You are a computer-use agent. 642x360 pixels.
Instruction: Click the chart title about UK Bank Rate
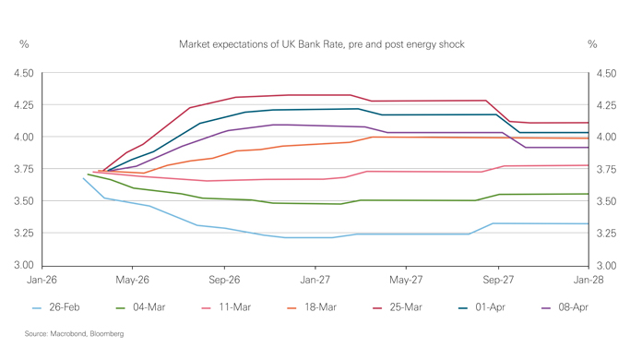321,44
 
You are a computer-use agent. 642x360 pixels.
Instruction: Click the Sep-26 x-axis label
224,278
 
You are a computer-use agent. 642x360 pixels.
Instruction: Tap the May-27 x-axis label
406,278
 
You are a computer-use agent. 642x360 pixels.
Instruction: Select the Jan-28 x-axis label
588,278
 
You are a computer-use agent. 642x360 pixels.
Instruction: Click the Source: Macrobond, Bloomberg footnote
74,333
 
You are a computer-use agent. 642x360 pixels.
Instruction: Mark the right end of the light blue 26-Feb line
588,223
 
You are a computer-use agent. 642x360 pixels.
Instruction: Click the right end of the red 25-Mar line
588,123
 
